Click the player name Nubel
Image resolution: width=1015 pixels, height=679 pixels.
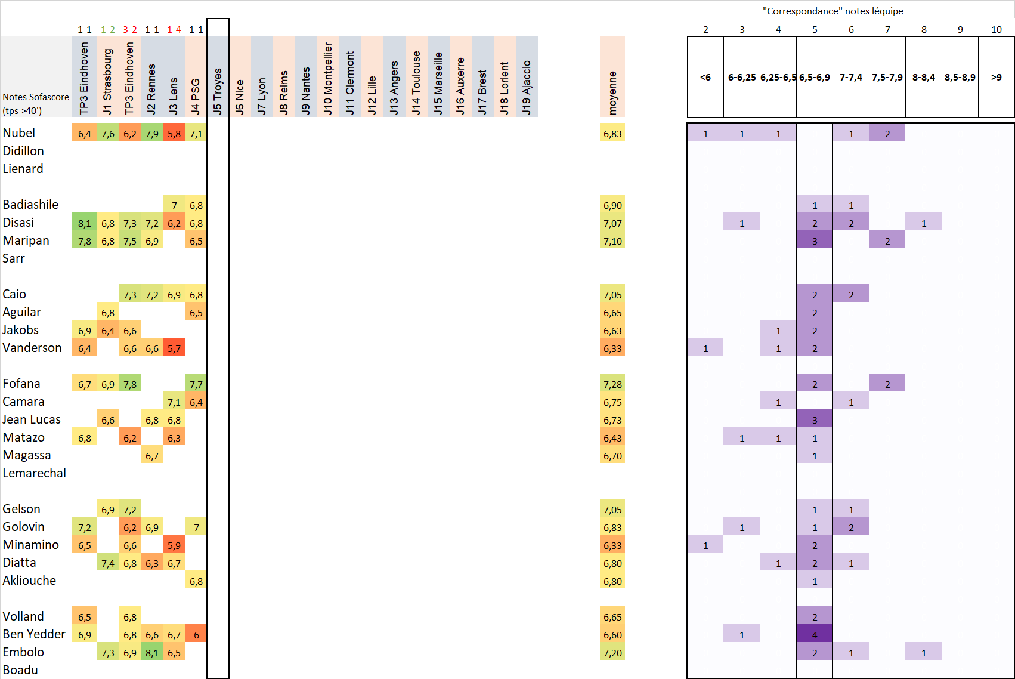(x=19, y=133)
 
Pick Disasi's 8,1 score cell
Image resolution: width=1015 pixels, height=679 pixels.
(x=84, y=223)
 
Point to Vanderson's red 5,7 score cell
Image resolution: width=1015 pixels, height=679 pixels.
(x=174, y=348)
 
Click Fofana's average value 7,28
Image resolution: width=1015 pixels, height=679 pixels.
(x=612, y=384)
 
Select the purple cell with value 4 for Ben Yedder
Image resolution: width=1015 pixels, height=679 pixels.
(x=815, y=635)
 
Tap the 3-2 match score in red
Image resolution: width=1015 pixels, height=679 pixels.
(x=129, y=29)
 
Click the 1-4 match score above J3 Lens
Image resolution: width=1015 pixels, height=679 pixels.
(x=174, y=29)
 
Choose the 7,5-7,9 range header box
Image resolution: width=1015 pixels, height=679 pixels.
(x=887, y=77)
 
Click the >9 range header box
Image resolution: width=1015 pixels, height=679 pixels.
(x=996, y=77)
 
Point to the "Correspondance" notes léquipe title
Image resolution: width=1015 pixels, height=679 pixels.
(x=833, y=11)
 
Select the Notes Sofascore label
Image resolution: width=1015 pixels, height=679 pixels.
(x=36, y=97)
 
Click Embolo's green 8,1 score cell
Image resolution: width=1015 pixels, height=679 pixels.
(x=151, y=653)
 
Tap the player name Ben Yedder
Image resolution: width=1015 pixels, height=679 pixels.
(x=34, y=634)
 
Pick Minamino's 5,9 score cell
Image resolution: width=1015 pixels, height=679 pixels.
(x=174, y=545)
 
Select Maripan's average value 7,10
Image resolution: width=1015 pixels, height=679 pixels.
(x=612, y=241)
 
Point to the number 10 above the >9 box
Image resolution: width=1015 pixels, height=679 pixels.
(x=996, y=29)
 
